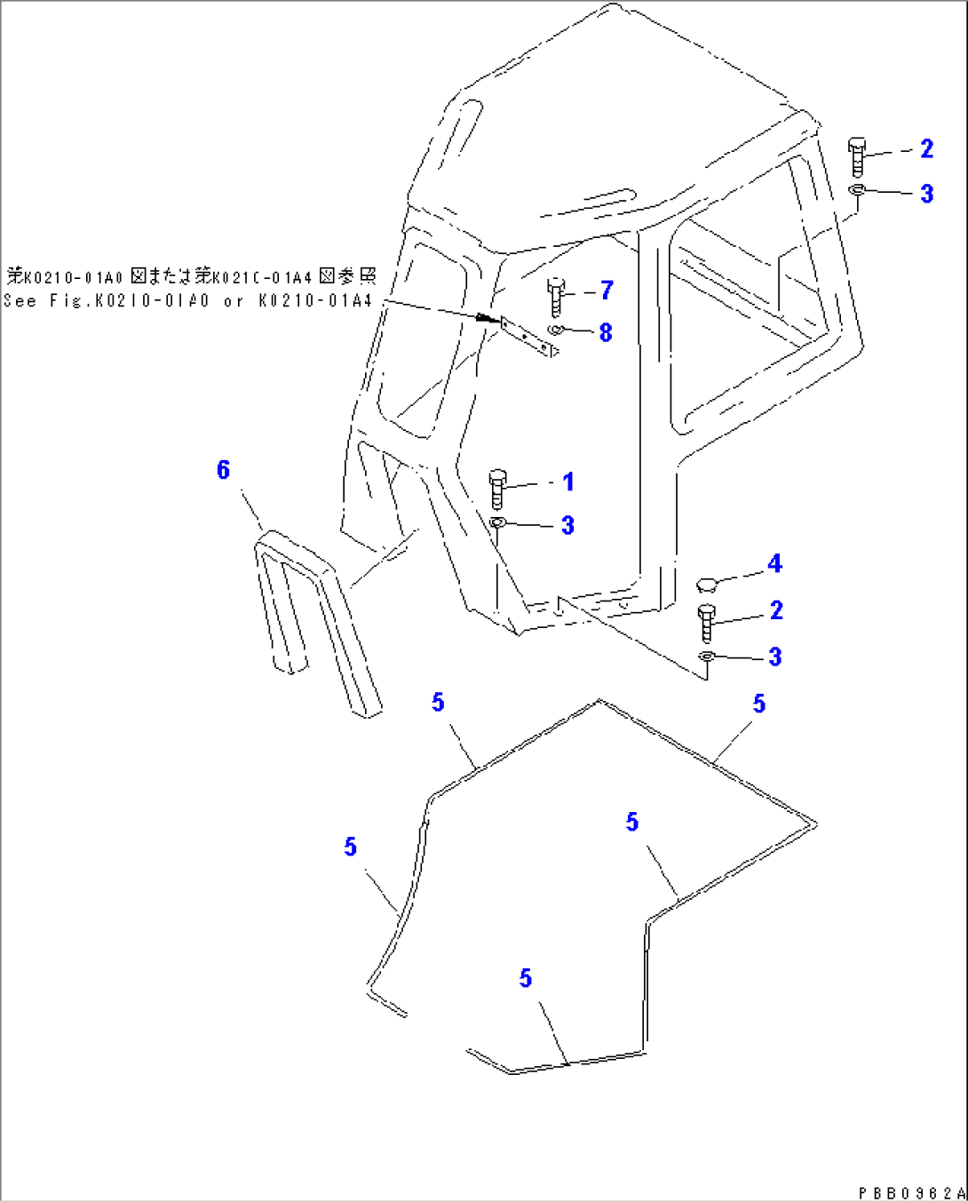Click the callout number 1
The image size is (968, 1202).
(568, 482)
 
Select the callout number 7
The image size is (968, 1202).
(607, 291)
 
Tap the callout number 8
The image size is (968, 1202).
(606, 333)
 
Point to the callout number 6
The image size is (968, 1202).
(223, 470)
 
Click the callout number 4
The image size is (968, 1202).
(774, 564)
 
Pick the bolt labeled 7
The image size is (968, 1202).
(556, 297)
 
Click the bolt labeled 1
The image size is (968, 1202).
(497, 490)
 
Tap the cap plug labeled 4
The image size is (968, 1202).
(707, 584)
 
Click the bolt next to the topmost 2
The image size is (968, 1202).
(857, 156)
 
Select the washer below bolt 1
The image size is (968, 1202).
(497, 522)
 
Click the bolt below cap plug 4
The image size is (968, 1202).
(707, 622)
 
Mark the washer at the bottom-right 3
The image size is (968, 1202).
(707, 657)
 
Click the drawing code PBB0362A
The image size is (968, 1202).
(910, 1192)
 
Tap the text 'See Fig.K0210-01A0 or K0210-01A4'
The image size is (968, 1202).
(188, 301)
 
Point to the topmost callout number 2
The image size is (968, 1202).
(926, 149)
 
